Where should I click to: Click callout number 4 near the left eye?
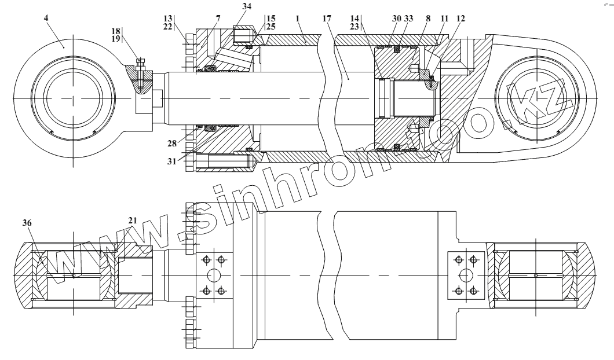tap(46, 18)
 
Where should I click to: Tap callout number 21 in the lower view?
tap(133, 222)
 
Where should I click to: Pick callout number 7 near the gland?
tap(218, 19)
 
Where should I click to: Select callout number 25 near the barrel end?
tap(271, 27)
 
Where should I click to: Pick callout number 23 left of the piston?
tap(354, 26)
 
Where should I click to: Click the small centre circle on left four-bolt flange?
tap(212, 274)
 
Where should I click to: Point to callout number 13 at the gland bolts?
tap(169, 19)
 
